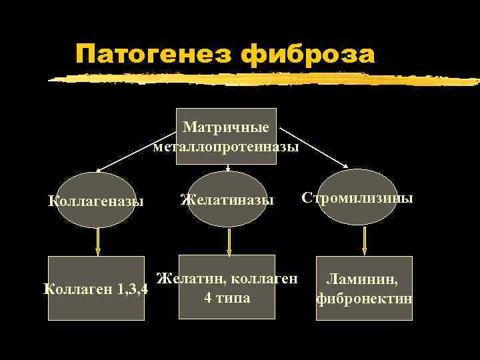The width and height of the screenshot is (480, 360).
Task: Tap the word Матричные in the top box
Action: click(226, 127)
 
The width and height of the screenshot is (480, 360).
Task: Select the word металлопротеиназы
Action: click(226, 147)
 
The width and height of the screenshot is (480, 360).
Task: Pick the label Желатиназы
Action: click(227, 199)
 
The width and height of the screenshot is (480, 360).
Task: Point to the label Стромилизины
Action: click(358, 198)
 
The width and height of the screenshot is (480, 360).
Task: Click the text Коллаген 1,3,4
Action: click(95, 290)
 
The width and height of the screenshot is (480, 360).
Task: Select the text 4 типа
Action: click(227, 297)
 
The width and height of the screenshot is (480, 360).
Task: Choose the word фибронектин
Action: click(364, 299)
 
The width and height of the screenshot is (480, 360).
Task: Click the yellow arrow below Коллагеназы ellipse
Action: click(98, 241)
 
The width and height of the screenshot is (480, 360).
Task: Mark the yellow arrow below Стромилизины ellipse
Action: click(364, 241)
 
